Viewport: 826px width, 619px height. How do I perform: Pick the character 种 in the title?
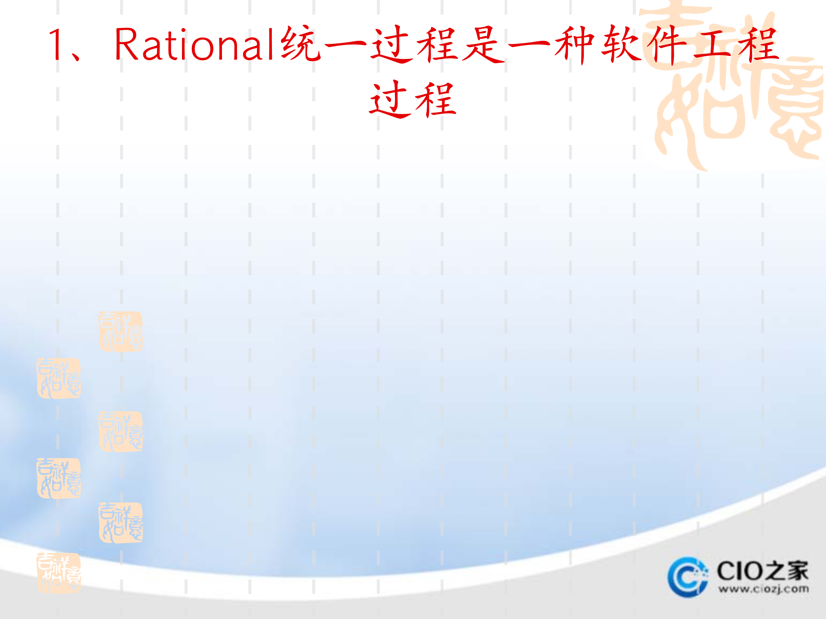[575, 45]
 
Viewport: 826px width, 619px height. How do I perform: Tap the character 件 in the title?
[667, 45]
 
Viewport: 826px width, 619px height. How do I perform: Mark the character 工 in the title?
[712, 45]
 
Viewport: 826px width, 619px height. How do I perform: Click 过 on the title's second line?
[390, 100]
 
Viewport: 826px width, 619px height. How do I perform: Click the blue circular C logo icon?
[687, 577]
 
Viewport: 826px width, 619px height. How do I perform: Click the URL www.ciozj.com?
[763, 589]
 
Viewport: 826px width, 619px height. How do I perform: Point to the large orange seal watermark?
[736, 86]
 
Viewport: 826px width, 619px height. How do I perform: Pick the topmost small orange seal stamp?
[120, 331]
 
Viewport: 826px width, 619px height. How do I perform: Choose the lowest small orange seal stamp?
[59, 573]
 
